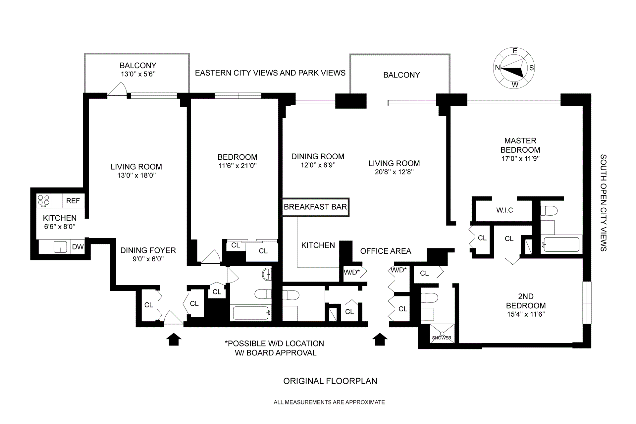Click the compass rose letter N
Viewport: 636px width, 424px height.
coord(497,68)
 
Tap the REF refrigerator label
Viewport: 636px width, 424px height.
coord(73,201)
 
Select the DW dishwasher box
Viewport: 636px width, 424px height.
coord(78,247)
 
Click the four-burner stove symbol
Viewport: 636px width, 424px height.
coord(43,200)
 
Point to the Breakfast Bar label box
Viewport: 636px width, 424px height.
coord(315,207)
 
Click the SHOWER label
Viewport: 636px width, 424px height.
coord(442,338)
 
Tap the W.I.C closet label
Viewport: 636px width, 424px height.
coord(504,210)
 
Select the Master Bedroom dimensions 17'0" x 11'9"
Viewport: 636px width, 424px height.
coord(520,159)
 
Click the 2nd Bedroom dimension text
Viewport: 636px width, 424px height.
coord(526,314)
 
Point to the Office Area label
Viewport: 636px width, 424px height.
coord(386,251)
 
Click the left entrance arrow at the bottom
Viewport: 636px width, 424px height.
coord(174,339)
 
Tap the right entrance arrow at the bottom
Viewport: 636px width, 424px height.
coord(380,339)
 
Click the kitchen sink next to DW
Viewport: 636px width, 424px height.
coord(60,247)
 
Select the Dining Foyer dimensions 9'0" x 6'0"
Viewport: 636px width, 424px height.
coord(148,259)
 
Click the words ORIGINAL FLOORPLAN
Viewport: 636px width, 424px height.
coord(330,381)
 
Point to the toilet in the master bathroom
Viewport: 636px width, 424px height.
coord(549,210)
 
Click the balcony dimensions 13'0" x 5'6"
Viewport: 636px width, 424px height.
coord(138,74)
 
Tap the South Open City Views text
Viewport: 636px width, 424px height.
coord(603,203)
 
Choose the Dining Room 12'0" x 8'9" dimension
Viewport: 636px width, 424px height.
coord(318,165)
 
